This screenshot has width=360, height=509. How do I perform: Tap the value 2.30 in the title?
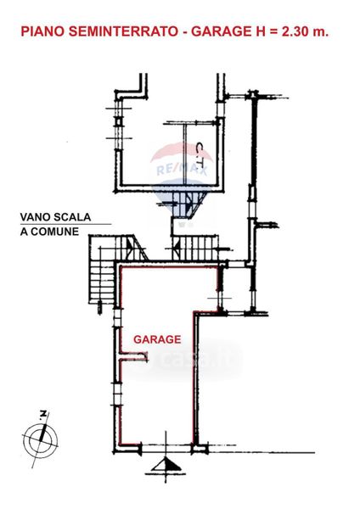coord(295,32)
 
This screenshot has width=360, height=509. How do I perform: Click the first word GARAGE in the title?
coord(220,32)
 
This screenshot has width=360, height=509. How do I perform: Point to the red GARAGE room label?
coord(157,339)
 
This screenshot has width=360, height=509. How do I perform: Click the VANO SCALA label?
coord(55,217)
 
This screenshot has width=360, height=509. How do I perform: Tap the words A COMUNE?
coord(49,232)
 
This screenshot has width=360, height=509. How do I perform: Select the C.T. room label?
coord(200,156)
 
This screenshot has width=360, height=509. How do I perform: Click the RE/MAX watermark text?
coord(182,170)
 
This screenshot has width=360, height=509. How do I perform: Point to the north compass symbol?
coord(41,441)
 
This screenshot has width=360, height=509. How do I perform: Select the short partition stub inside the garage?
coord(133,355)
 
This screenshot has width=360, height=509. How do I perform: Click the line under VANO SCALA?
coord(65,224)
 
